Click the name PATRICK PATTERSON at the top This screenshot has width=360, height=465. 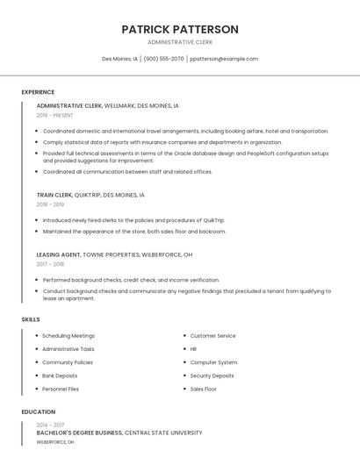(x=180, y=29)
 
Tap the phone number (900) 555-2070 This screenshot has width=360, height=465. (x=163, y=59)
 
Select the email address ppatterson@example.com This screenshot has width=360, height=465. (x=224, y=59)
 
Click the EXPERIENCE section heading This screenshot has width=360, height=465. (x=38, y=92)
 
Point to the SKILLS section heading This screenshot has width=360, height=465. (x=31, y=319)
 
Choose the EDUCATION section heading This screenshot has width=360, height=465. (x=38, y=411)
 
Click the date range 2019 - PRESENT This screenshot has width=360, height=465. (x=55, y=115)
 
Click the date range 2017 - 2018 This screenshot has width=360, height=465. (x=50, y=264)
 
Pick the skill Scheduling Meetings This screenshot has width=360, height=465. (x=68, y=336)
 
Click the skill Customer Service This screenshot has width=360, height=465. (x=212, y=336)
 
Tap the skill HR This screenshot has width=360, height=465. (x=193, y=349)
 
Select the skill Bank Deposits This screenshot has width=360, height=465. (x=60, y=376)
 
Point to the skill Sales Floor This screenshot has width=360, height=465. (x=204, y=389)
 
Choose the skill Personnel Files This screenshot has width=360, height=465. (x=61, y=389)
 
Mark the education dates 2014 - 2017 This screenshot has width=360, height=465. (x=50, y=424)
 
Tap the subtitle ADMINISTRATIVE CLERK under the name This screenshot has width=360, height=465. (x=180, y=42)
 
